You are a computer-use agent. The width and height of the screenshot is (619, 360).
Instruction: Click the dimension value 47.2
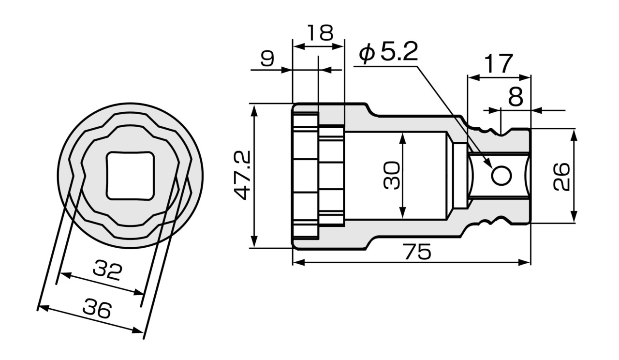[x=242, y=175]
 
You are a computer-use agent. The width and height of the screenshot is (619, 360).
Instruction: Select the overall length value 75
[x=417, y=252]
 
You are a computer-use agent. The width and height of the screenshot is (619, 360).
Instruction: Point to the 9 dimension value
[x=267, y=59]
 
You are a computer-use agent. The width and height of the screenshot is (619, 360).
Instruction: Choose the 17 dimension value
[x=499, y=63]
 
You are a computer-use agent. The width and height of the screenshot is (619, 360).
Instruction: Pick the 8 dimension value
[x=516, y=97]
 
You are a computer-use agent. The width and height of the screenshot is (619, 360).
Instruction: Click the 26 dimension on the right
[x=562, y=177]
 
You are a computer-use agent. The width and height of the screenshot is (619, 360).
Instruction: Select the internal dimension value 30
[x=392, y=175]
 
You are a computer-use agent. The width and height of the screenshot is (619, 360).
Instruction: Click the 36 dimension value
[x=97, y=308]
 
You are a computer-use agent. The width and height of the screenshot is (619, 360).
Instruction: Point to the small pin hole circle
[x=501, y=176]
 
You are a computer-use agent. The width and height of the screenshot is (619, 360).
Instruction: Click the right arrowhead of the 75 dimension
[x=525, y=262]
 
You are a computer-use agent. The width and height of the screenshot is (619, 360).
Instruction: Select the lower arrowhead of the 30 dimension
[x=403, y=212]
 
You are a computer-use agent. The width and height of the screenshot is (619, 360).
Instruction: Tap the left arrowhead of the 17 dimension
[x=473, y=78]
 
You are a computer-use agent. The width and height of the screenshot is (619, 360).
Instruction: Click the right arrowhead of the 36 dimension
[x=138, y=330]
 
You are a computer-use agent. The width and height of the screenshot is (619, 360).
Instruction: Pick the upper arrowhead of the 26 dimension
[x=574, y=135]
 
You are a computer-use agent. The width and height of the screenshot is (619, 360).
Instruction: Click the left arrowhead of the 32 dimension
[x=65, y=275]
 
